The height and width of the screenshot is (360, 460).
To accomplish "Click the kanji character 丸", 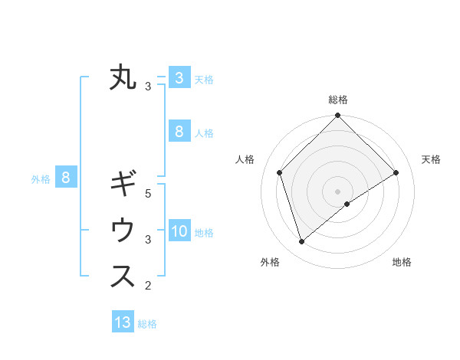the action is (123, 78).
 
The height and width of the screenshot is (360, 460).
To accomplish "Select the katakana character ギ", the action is (123, 185).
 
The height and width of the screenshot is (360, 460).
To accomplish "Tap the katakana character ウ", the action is (123, 230).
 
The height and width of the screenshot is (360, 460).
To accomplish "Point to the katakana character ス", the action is (123, 277).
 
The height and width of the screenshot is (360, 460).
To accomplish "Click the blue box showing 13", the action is (123, 322).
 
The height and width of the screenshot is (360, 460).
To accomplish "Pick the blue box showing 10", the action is (179, 231).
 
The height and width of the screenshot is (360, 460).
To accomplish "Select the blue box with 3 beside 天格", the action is (179, 77).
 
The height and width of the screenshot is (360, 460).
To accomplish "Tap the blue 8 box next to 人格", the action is (179, 131).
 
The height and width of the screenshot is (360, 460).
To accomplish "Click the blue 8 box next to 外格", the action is (66, 178).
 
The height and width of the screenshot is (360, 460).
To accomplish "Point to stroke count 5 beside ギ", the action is (148, 194).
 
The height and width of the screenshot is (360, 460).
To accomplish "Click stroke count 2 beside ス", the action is (148, 286).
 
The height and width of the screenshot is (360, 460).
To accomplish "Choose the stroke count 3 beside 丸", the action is (148, 87).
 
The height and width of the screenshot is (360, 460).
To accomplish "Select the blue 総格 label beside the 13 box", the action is (147, 324).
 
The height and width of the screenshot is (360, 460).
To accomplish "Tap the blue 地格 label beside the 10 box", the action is (205, 233).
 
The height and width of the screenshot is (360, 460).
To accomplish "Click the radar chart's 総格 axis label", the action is (338, 100).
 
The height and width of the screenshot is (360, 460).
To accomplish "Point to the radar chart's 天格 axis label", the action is (431, 159).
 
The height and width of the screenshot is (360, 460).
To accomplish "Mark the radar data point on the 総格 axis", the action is (338, 116).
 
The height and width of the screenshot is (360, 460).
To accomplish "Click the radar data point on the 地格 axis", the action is (347, 204).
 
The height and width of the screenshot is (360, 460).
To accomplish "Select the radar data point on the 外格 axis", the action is (302, 242).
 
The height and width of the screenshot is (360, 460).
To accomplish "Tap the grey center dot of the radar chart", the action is (338, 191).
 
